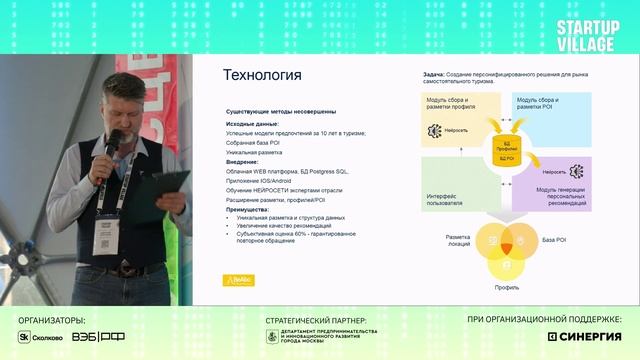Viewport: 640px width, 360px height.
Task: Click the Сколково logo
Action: click(41, 338)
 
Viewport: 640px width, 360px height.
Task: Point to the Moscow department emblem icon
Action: click(272, 337)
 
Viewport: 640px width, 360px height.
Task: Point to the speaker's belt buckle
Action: click(127, 270)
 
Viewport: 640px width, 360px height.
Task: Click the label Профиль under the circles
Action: click(506, 286)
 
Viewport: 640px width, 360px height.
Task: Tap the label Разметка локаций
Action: click(457, 240)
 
